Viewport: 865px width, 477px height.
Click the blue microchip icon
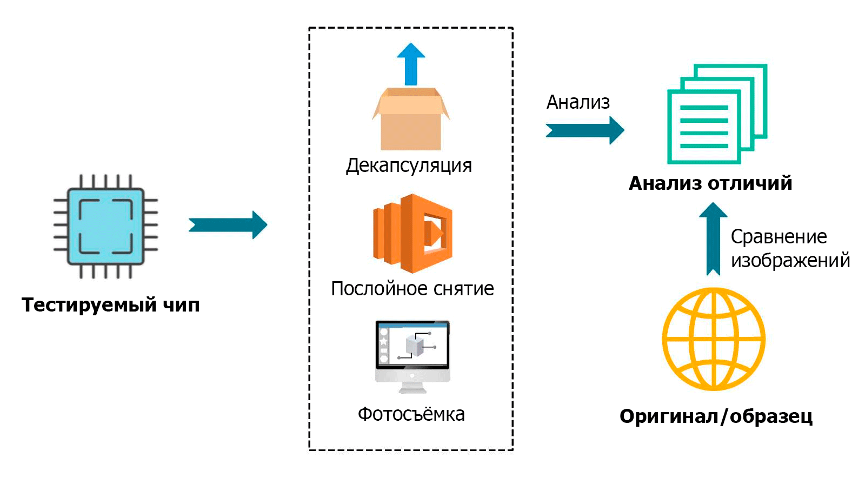click(105, 226)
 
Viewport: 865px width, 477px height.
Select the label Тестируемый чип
click(111, 305)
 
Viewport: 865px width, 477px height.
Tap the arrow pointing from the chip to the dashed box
click(228, 224)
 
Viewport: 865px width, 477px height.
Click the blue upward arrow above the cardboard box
click(411, 63)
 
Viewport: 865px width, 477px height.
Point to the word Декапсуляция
click(409, 165)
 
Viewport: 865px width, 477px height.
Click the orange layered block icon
click(412, 233)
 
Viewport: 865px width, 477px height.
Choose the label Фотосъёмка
click(411, 414)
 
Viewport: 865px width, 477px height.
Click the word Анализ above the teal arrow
click(578, 102)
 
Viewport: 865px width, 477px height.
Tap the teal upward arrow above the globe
click(713, 238)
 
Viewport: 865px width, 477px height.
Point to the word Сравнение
click(779, 237)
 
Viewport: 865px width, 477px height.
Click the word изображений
click(790, 261)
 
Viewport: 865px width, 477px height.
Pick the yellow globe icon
click(714, 339)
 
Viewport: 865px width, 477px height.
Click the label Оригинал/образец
click(716, 416)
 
